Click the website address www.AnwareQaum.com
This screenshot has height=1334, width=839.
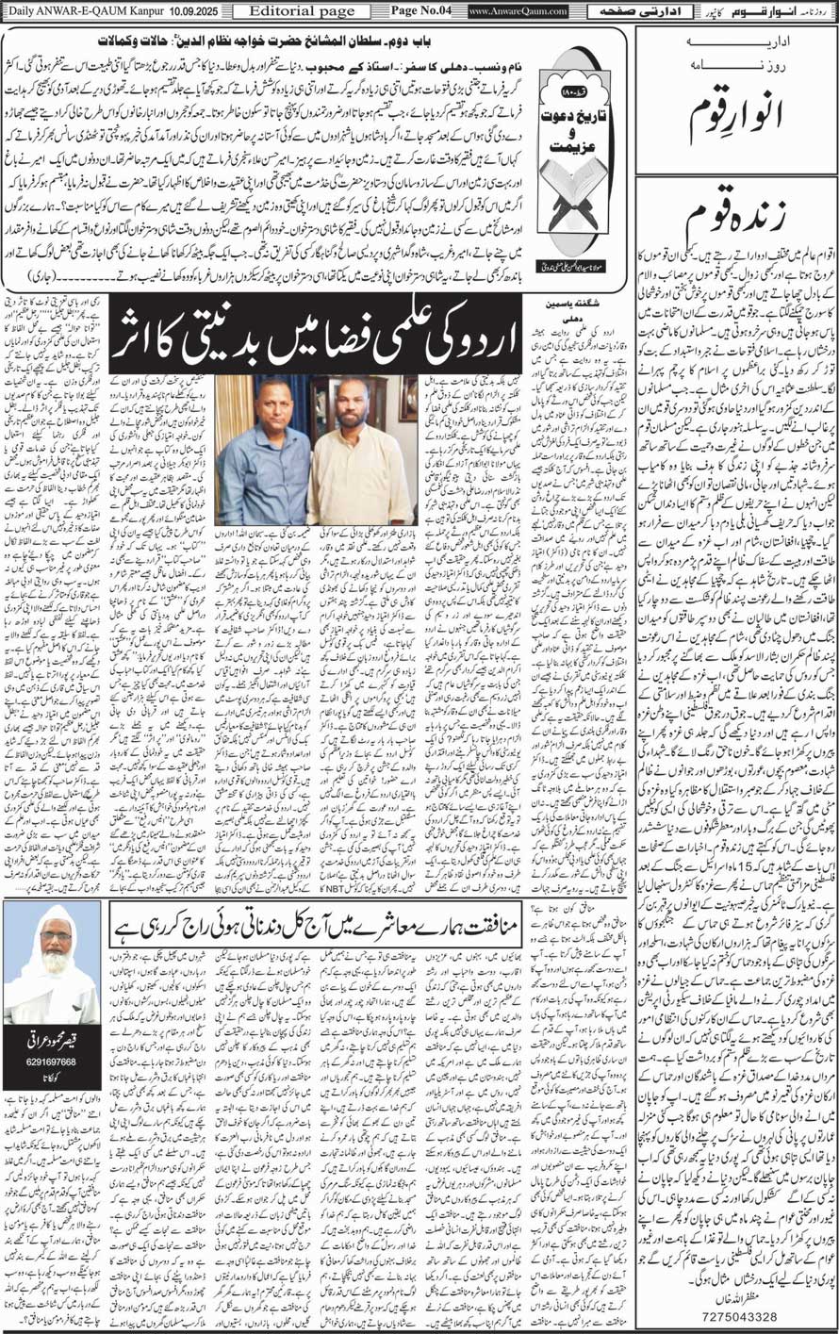click(518, 11)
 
